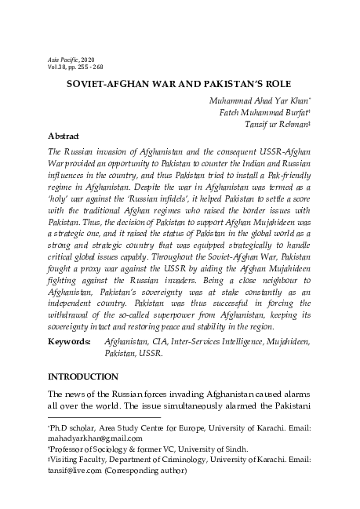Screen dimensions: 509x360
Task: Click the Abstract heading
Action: click(64, 136)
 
